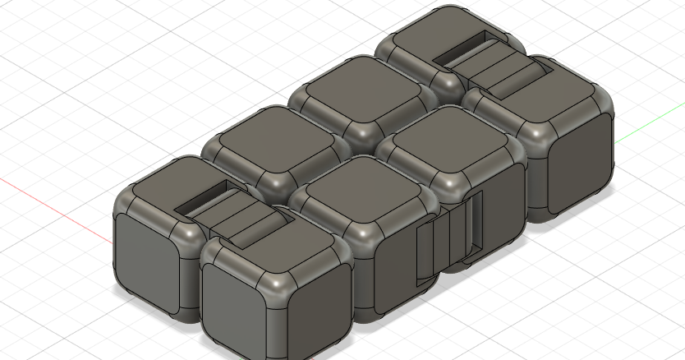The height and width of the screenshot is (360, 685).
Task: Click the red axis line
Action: click(x=49, y=205)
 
